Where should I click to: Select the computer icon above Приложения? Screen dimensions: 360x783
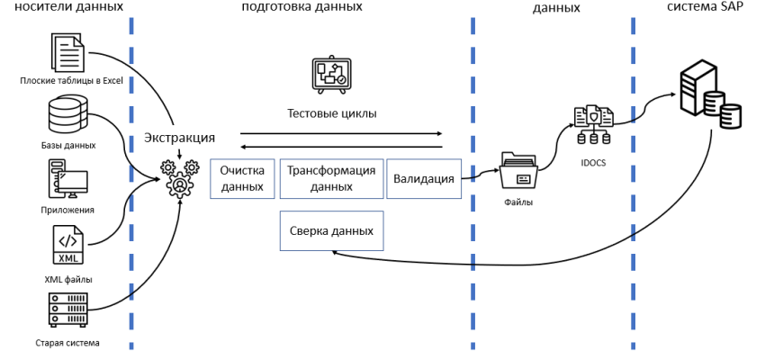click(x=67, y=180)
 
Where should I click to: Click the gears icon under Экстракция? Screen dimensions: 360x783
click(x=179, y=176)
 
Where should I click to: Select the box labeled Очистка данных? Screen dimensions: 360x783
click(x=241, y=178)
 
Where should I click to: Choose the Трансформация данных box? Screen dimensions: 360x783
click(x=330, y=178)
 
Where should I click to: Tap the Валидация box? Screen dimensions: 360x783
click(x=423, y=178)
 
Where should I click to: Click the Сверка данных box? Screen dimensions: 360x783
click(x=331, y=230)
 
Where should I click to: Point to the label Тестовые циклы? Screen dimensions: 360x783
click(x=331, y=113)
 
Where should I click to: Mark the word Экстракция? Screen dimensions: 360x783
click(x=179, y=138)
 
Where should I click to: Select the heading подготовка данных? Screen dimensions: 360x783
click(x=301, y=6)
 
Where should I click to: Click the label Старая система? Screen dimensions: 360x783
click(x=67, y=343)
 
